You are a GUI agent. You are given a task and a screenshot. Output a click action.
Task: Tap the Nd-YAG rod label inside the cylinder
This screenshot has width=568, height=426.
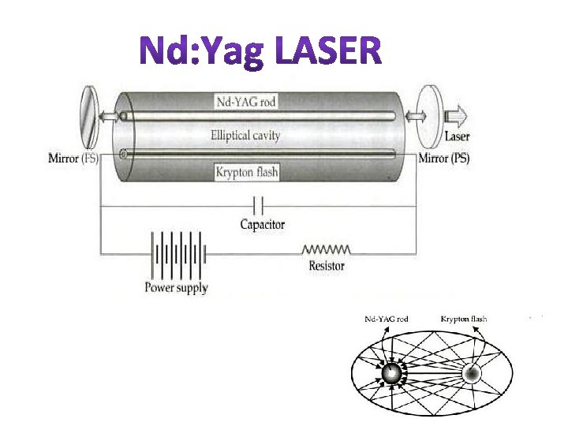(247, 101)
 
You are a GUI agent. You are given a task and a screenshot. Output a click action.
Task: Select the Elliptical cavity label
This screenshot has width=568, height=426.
(246, 135)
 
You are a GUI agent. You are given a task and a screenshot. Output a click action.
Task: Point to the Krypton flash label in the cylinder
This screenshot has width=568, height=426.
(246, 171)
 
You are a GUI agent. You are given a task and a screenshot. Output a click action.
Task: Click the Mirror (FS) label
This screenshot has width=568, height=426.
(75, 159)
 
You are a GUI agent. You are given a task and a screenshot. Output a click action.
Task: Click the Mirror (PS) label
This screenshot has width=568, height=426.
(443, 158)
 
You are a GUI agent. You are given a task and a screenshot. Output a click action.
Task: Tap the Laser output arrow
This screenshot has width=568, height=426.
(457, 116)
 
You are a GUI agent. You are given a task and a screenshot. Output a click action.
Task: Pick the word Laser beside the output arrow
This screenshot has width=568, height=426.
(457, 136)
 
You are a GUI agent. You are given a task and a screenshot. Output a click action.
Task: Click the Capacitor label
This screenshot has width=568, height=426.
(263, 225)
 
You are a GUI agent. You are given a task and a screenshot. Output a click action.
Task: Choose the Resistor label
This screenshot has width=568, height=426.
(327, 266)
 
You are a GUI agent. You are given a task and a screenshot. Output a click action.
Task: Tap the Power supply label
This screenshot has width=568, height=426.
(176, 288)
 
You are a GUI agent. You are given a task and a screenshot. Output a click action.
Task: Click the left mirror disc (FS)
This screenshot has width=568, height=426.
(92, 119)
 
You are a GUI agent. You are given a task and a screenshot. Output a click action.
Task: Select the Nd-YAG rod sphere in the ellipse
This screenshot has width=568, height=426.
(390, 374)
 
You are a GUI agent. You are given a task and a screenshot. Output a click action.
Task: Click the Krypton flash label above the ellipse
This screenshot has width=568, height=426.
(464, 319)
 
